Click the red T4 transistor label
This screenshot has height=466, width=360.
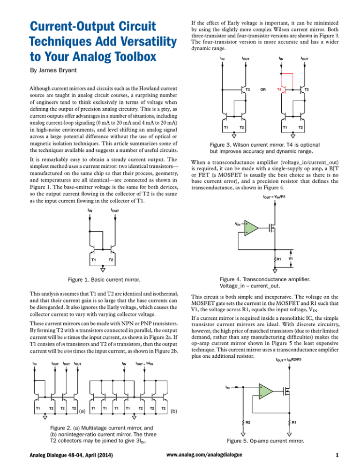[x=279, y=89]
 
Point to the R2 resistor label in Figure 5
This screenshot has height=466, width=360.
[x=245, y=422]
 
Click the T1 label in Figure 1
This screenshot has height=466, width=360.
[x=94, y=259]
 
